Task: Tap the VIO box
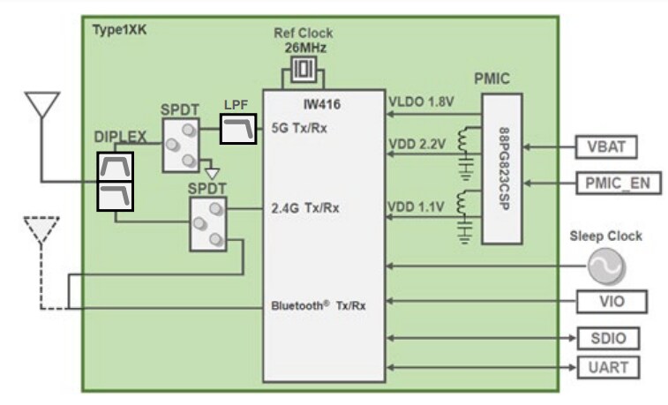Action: [610, 302]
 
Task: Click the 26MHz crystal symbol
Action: [303, 67]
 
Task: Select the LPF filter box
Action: [237, 130]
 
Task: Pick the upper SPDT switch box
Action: [181, 145]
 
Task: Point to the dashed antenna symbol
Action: [41, 232]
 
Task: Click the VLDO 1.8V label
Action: [421, 101]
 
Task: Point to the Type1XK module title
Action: [119, 29]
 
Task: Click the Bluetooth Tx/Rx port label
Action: [319, 306]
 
